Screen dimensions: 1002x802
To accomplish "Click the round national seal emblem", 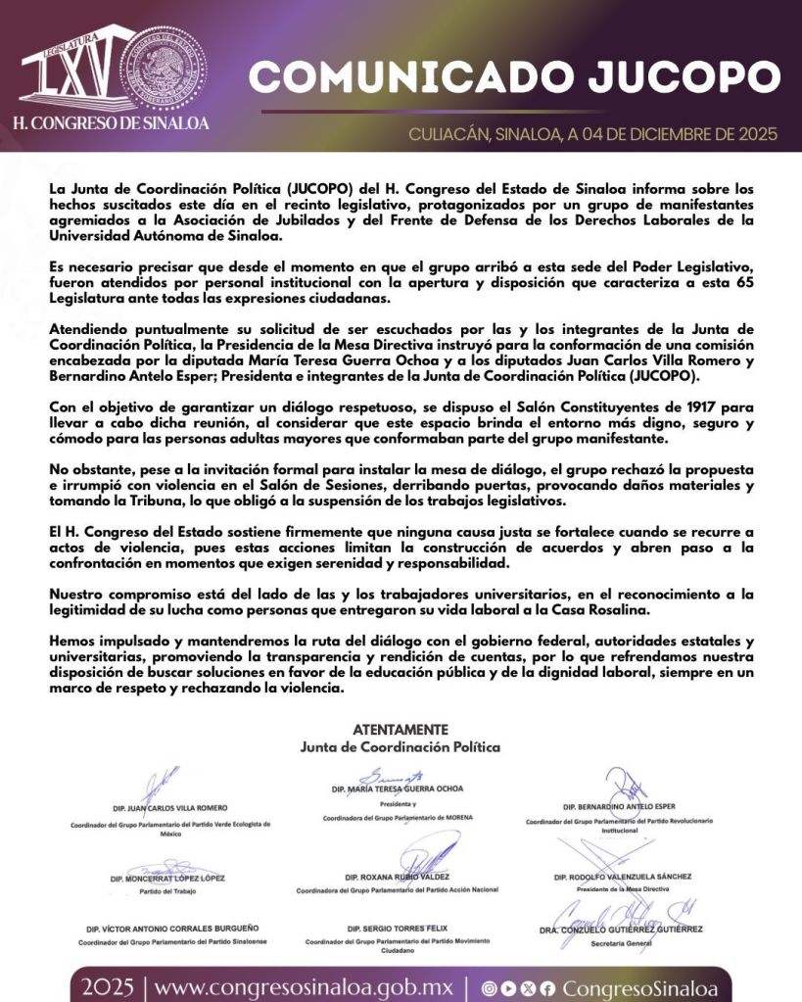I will [x=165, y=66].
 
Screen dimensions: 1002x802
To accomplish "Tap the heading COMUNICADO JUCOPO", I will [x=514, y=77].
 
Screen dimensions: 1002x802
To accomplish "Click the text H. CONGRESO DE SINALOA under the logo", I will [x=111, y=124].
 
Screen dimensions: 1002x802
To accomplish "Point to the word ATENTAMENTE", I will [x=401, y=730].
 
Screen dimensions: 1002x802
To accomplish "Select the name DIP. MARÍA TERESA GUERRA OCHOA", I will [x=397, y=788].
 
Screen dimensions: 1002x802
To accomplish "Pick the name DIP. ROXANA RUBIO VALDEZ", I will [x=397, y=877].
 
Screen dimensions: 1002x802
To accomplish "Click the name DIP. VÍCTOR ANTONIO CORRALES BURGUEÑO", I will [x=171, y=928].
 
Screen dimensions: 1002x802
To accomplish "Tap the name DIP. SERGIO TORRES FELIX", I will [x=397, y=928].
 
